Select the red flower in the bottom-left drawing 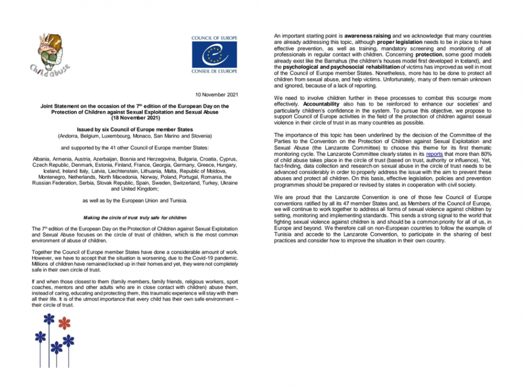pos(64,323)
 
